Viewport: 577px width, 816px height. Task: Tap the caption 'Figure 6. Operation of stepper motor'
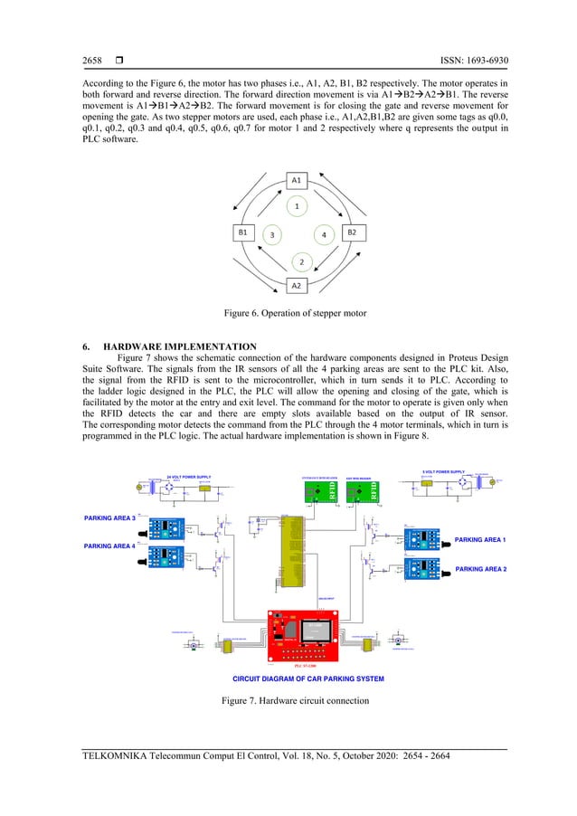296,314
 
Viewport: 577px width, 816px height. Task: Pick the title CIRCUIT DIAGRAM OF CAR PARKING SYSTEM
308,678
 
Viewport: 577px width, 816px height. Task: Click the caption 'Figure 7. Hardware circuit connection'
296,702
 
